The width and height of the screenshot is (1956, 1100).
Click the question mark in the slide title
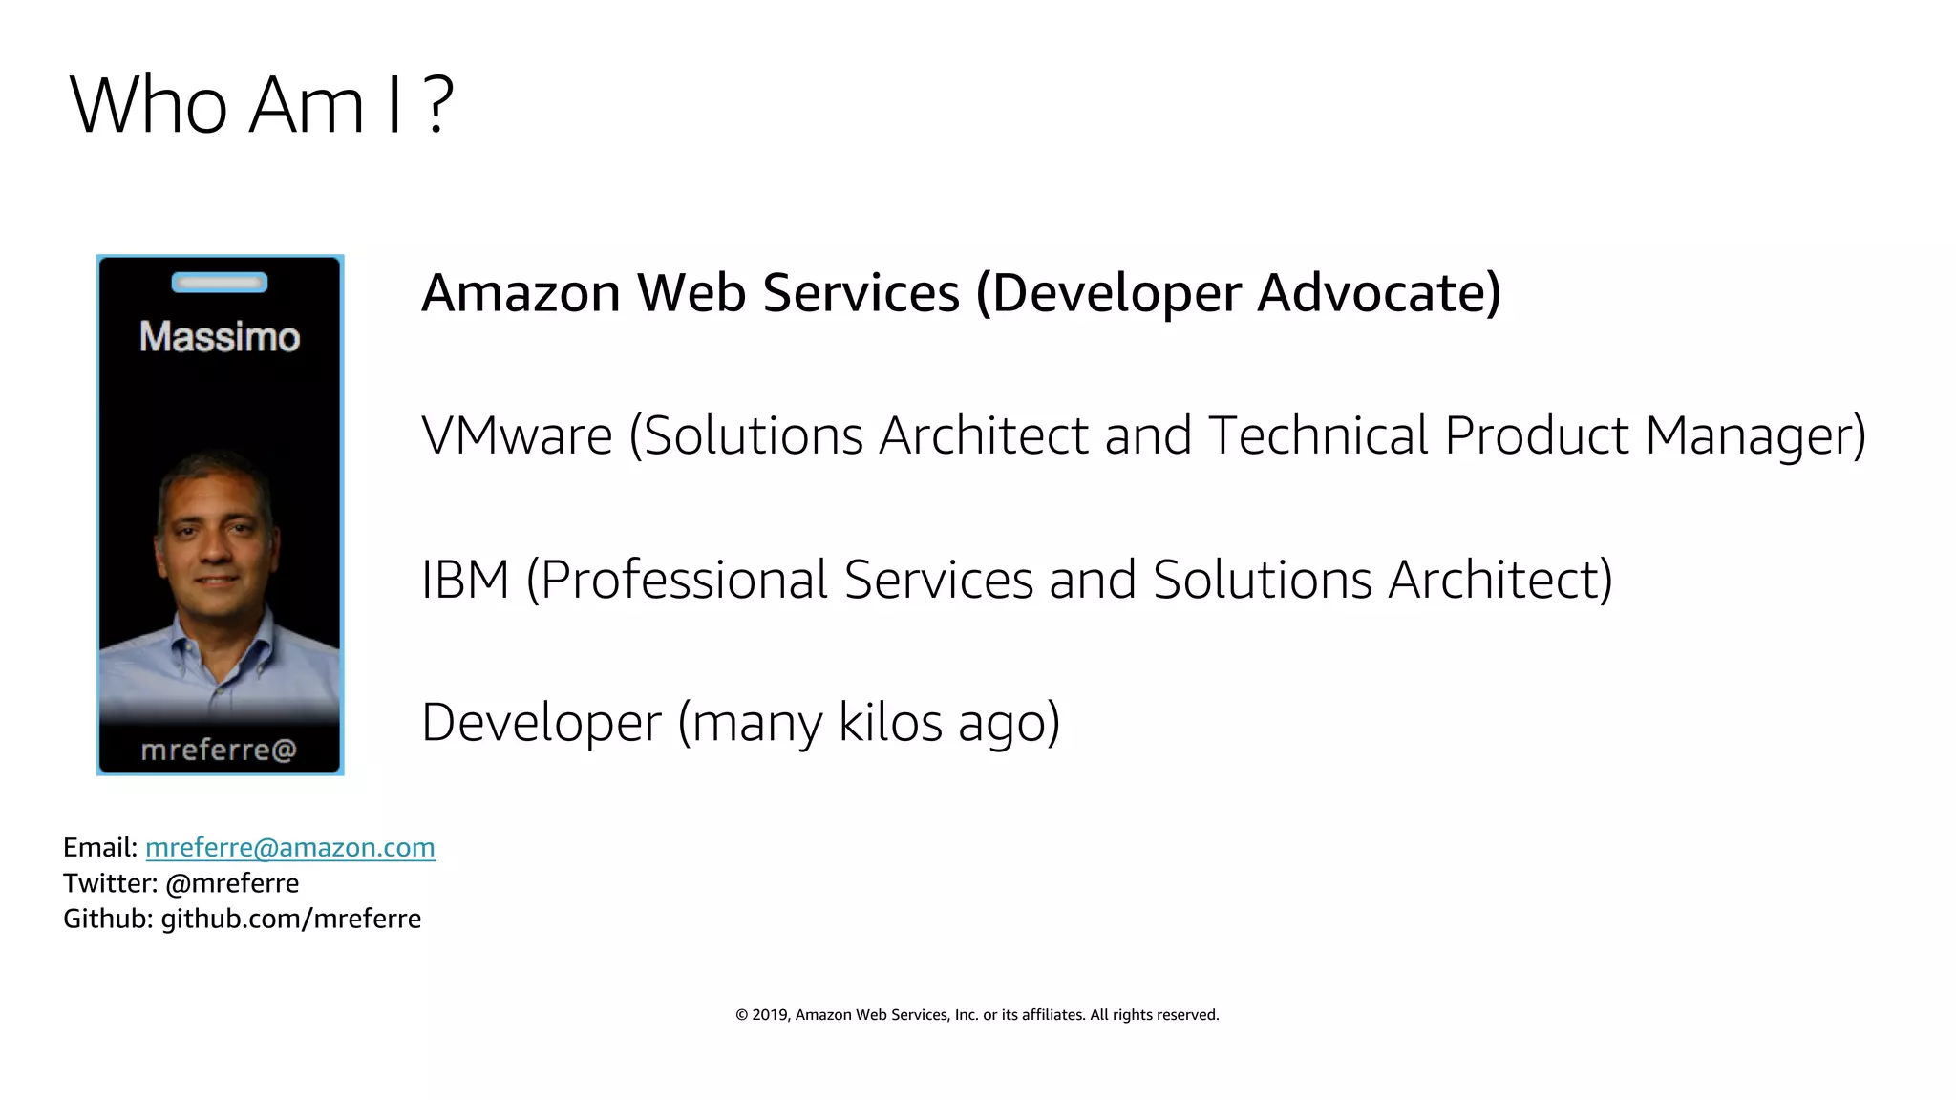pos(436,105)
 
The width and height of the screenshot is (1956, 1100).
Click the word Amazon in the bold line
pos(521,293)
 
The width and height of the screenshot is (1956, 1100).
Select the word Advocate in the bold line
pos(1379,293)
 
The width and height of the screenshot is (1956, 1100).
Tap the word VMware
pos(517,436)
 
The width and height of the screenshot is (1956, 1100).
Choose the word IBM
pos(465,580)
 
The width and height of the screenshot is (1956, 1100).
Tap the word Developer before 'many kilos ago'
pos(541,722)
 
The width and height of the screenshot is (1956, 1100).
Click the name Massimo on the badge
pos(220,337)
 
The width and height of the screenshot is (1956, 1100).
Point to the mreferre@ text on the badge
pos(219,751)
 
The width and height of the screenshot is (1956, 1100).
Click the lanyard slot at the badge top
pos(220,283)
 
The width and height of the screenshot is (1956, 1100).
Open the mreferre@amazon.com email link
pos(290,848)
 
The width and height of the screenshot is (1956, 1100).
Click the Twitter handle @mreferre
pos(232,883)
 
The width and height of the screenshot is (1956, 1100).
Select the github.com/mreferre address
pos(290,919)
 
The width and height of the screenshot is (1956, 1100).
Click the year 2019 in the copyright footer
pos(769,1015)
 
